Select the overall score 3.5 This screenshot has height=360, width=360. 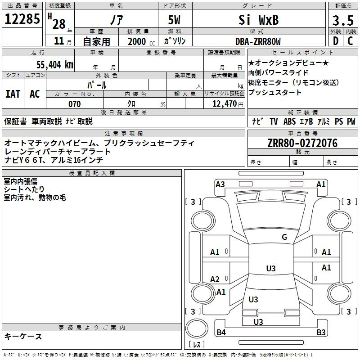click(x=342, y=21)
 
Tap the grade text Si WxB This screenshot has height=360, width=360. click(x=258, y=20)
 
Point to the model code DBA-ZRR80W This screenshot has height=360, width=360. click(x=258, y=41)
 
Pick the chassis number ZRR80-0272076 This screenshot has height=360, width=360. click(x=302, y=144)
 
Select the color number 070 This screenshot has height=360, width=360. click(x=74, y=104)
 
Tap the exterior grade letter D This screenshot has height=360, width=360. click(x=335, y=41)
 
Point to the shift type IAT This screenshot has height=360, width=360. click(x=13, y=94)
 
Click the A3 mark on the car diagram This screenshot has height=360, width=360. click(x=220, y=184)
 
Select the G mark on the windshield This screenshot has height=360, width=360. click(x=284, y=237)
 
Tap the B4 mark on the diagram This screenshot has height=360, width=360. click(x=221, y=333)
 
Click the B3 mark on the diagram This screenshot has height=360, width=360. click(x=321, y=333)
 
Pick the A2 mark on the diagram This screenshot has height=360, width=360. click(x=215, y=279)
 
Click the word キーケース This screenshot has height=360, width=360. click(x=23, y=336)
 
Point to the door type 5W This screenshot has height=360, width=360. click(x=175, y=20)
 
